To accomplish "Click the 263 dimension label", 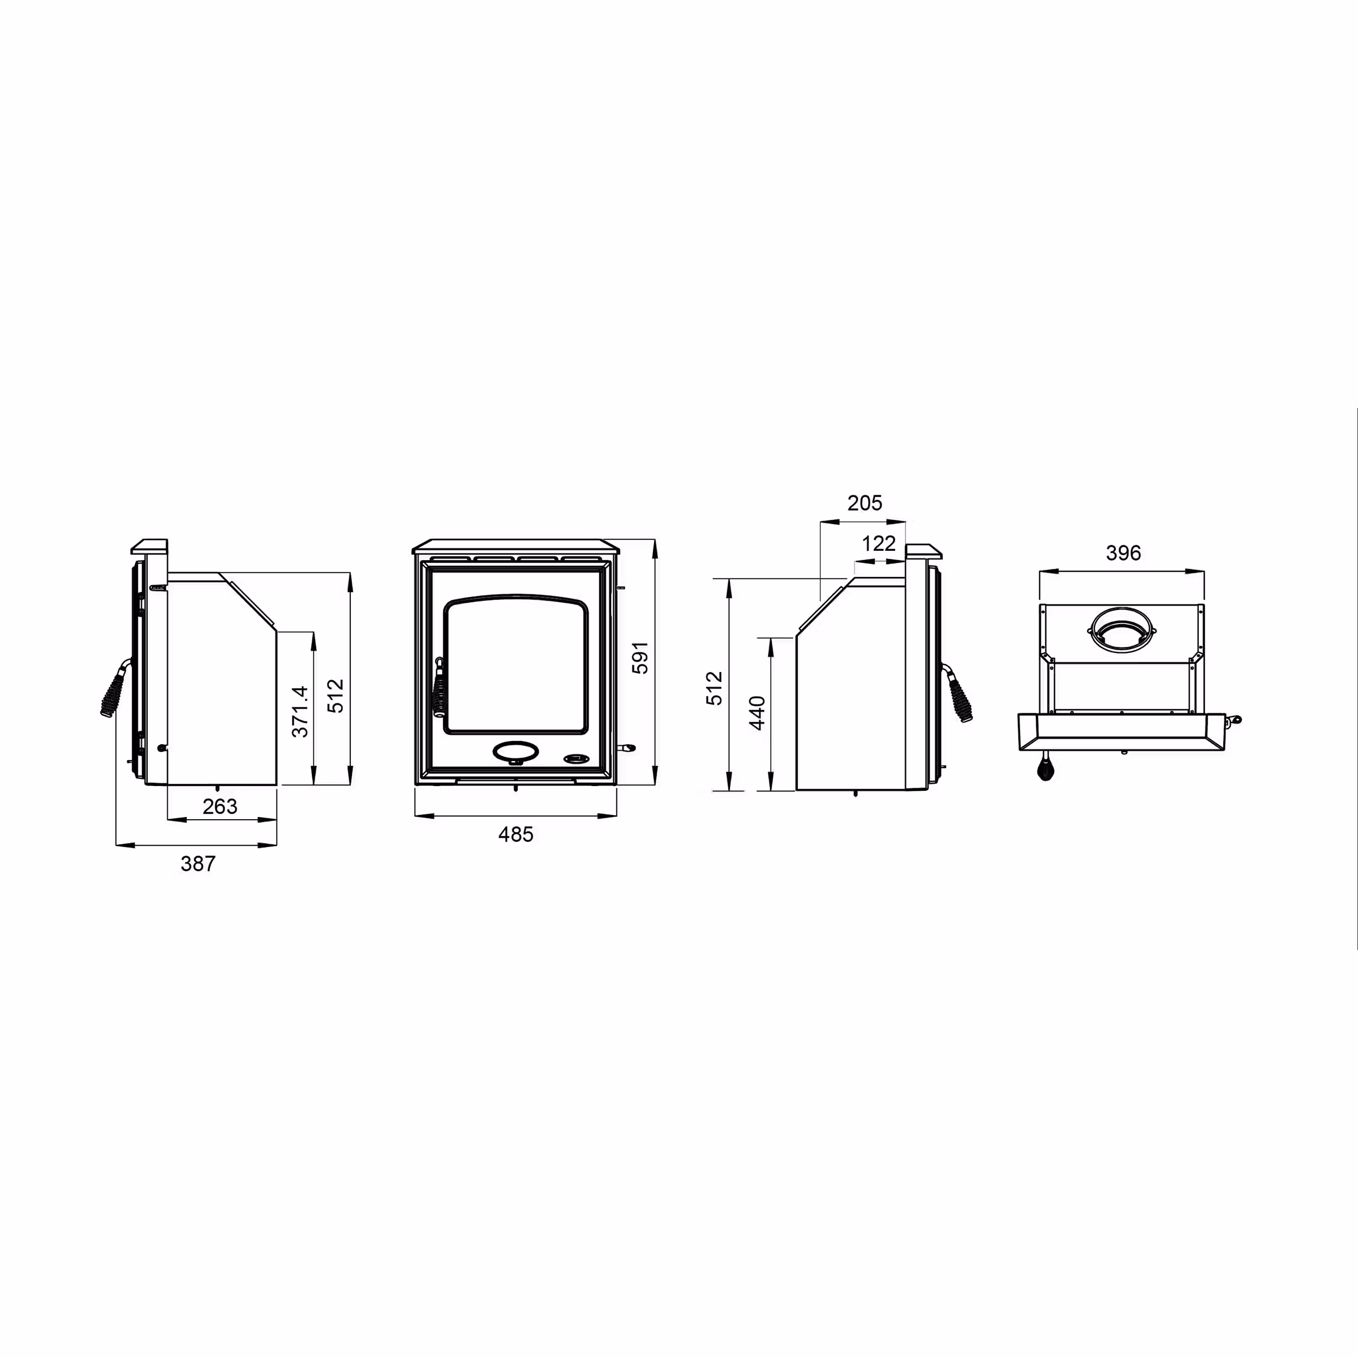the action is click(220, 806).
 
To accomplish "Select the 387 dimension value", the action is click(198, 864).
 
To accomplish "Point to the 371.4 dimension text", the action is click(300, 712).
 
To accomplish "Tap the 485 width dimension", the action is click(516, 834).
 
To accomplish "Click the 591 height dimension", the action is click(640, 658).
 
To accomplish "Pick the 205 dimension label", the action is click(865, 504).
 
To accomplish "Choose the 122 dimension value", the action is click(878, 543).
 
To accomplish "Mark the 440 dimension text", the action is click(757, 713).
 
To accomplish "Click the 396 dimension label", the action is click(1123, 553).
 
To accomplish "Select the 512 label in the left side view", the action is click(336, 696).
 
